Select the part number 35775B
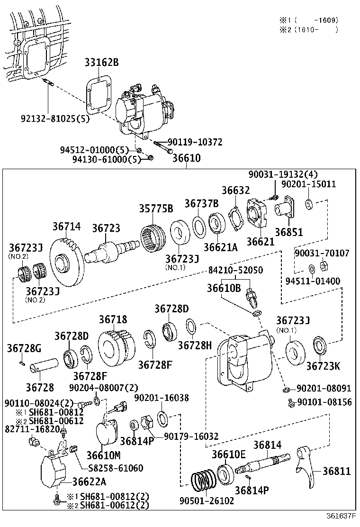(156, 209)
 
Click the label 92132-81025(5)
(48, 119)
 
